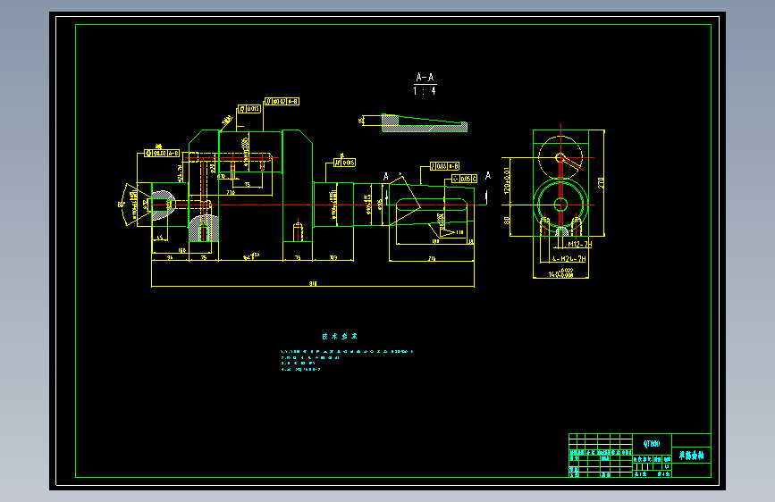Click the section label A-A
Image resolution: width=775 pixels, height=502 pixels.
coord(425,78)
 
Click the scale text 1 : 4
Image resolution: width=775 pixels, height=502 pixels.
coord(425,90)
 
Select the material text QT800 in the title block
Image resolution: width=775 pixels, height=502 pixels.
coord(652,443)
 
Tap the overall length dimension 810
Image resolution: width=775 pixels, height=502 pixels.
coord(313,283)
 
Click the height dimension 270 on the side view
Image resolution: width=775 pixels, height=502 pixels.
coord(601,182)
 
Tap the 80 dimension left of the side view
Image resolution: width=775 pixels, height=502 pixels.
coord(507,220)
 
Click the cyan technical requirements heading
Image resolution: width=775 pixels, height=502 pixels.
coord(340,337)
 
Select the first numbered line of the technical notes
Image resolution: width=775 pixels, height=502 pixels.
coord(348,352)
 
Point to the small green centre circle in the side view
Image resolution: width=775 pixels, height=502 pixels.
coord(560,205)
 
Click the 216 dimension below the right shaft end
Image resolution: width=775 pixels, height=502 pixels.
coord(432,258)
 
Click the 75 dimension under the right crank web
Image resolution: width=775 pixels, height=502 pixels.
coord(297,257)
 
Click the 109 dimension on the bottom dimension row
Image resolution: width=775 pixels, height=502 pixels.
coord(333,257)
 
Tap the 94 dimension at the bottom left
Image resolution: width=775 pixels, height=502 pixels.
coord(169,257)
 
